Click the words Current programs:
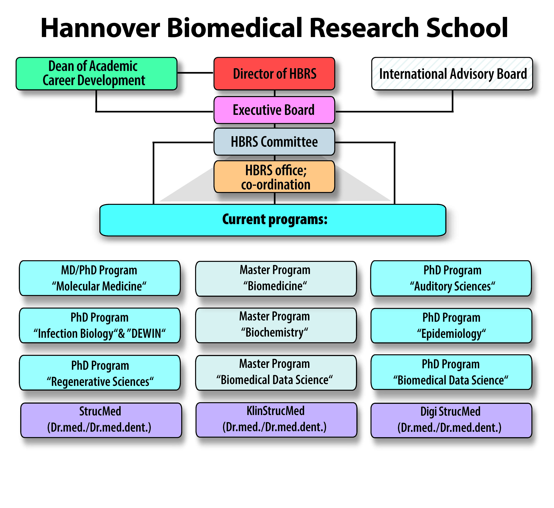(x=275, y=219)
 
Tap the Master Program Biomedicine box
(x=276, y=278)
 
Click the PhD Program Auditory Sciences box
(x=451, y=278)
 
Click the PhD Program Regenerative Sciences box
(x=100, y=373)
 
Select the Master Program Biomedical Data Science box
(x=276, y=373)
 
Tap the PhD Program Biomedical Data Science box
(x=451, y=372)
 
